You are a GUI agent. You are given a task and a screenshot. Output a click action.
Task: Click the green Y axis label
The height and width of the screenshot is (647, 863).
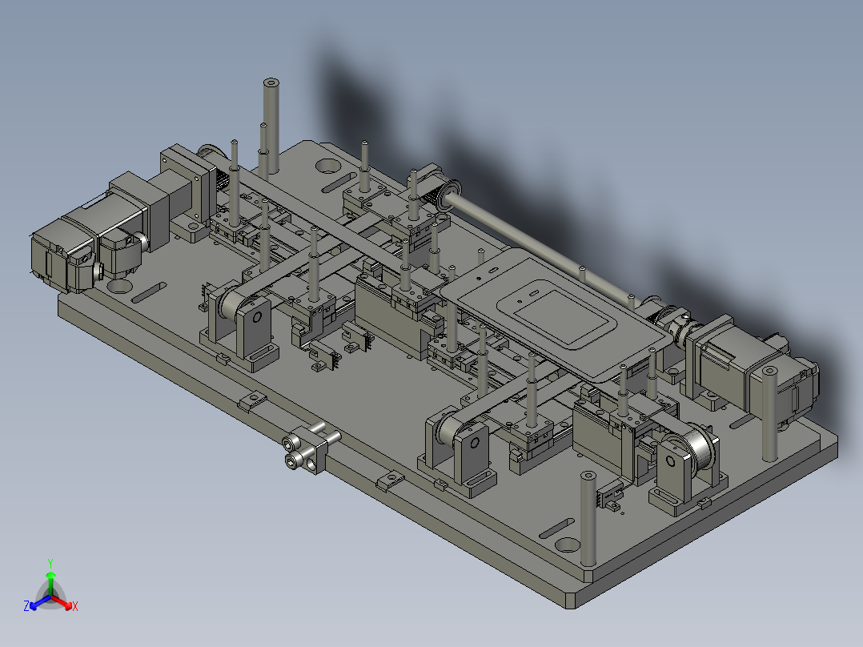click(50, 563)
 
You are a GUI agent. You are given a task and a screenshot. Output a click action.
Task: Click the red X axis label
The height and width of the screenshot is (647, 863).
click(75, 606)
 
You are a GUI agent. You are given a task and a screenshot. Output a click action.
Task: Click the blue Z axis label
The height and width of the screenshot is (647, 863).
click(26, 605)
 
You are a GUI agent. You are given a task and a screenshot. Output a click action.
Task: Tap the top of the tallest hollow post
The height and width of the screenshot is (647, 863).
click(271, 83)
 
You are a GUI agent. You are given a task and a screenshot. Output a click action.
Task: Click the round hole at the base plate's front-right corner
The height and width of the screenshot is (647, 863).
click(568, 545)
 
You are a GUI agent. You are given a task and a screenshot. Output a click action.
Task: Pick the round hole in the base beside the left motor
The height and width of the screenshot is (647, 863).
click(119, 286)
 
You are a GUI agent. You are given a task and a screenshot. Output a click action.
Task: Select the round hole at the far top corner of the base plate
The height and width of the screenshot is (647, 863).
click(328, 165)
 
